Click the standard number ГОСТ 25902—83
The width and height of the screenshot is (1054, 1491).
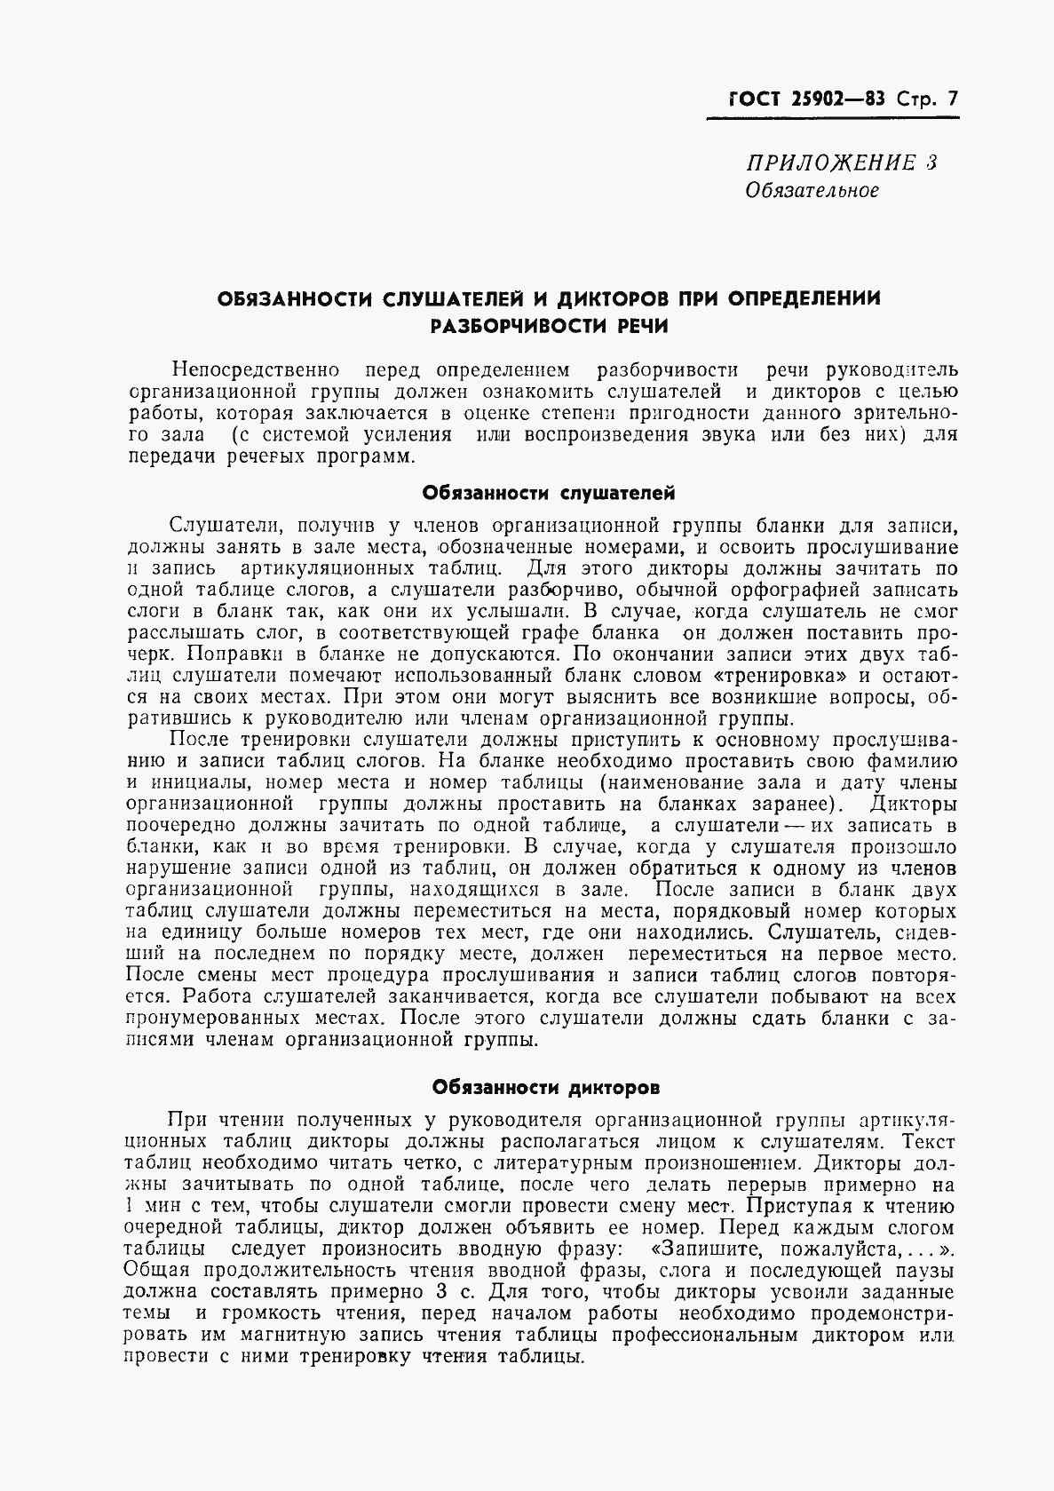click(x=797, y=98)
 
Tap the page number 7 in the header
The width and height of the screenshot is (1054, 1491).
click(x=953, y=98)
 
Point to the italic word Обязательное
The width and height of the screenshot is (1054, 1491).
click(x=812, y=191)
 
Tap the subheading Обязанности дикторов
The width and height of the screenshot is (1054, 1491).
click(x=545, y=1087)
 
